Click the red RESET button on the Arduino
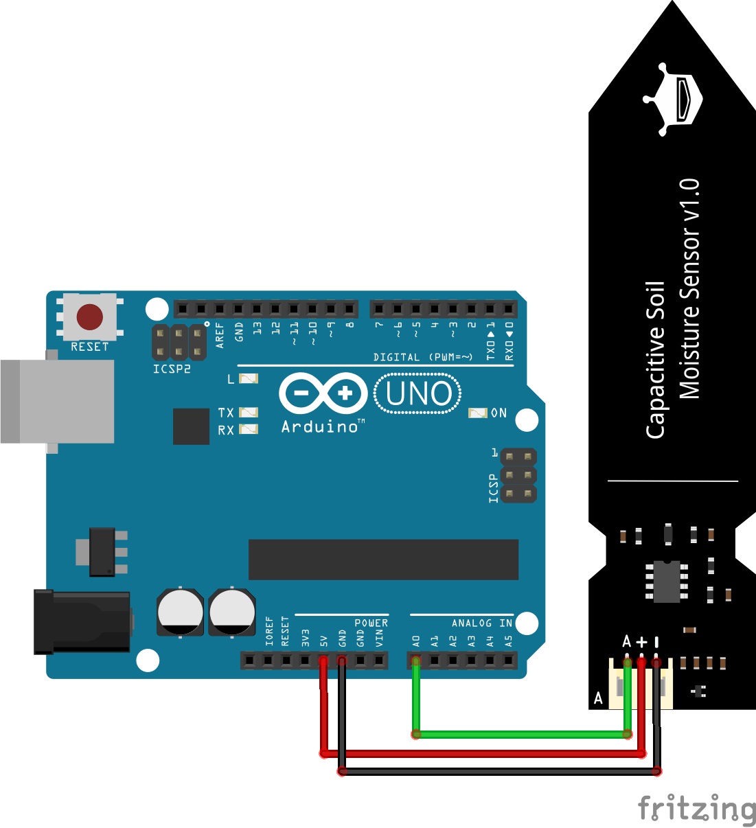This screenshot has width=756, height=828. click(x=90, y=317)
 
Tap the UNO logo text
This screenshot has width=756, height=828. click(x=418, y=394)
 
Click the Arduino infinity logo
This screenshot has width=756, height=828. click(x=323, y=393)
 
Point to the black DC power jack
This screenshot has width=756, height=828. click(x=82, y=621)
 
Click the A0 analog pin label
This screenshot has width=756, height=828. click(x=416, y=641)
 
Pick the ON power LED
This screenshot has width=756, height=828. click(x=477, y=413)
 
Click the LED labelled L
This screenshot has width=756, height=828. click(x=248, y=379)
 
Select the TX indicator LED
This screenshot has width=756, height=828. click(x=248, y=412)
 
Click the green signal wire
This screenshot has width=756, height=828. click(x=522, y=734)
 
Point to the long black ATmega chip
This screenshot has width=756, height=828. click(x=383, y=560)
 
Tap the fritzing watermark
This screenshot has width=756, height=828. click(x=696, y=809)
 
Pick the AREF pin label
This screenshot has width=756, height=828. click(x=220, y=335)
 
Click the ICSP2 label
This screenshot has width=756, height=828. click(x=172, y=369)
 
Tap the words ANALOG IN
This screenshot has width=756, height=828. click(x=481, y=623)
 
